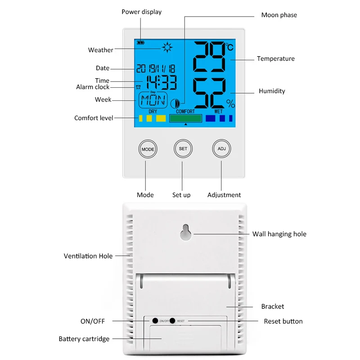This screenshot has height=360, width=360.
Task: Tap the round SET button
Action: tap(183, 148)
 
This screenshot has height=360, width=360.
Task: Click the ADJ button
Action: tap(221, 148)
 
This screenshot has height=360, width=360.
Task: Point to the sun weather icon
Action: tap(167, 46)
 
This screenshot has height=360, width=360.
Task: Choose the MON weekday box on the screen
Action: tap(153, 100)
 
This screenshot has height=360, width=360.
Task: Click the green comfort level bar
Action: tap(185, 118)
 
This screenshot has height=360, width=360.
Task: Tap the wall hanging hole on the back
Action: tap(186, 233)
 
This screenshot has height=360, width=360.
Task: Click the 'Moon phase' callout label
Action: tap(279, 15)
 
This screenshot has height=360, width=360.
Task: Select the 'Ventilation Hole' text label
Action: tap(88, 256)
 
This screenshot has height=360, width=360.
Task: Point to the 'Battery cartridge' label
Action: tap(84, 339)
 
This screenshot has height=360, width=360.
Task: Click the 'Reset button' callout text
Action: tap(283, 321)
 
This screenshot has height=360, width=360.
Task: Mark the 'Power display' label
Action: tap(141, 12)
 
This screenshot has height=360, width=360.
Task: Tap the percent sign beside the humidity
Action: tap(231, 104)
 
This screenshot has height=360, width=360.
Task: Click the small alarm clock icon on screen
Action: tap(138, 87)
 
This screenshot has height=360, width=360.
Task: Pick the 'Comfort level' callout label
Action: tap(94, 118)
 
